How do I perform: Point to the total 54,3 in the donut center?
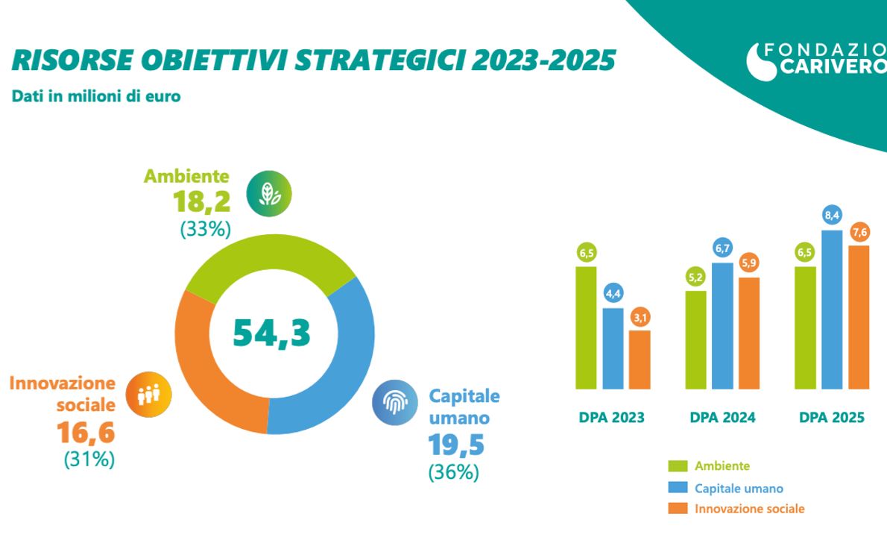tap(271, 333)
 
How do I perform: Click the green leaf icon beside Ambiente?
tap(269, 194)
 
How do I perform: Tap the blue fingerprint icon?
tap(395, 403)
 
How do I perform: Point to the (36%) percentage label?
tap(453, 471)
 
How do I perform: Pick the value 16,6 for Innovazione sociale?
tap(86, 433)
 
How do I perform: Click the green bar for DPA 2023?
tap(587, 328)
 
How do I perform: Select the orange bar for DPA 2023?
tap(640, 360)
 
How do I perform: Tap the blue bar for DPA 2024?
tap(721, 326)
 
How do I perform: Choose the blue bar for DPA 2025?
tap(832, 310)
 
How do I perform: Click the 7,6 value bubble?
tap(859, 231)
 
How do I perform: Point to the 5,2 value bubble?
tap(696, 277)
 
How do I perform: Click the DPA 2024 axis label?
tap(722, 418)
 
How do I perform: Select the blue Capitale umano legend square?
tap(678, 488)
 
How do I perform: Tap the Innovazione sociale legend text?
tap(749, 509)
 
